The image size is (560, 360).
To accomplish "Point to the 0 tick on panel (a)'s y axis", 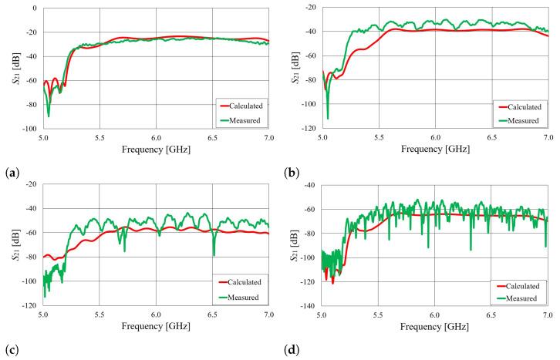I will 34,8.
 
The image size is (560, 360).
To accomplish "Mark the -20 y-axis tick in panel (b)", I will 312,8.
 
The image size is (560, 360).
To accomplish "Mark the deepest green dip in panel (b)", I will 327,118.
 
